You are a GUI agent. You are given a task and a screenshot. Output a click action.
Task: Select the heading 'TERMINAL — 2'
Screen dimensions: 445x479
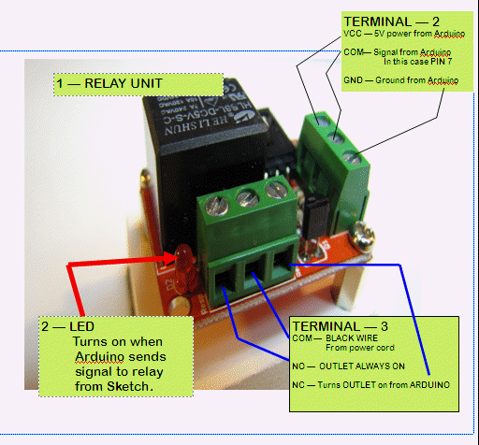coord(391,20)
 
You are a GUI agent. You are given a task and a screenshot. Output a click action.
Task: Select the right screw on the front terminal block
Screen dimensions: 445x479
coord(273,190)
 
